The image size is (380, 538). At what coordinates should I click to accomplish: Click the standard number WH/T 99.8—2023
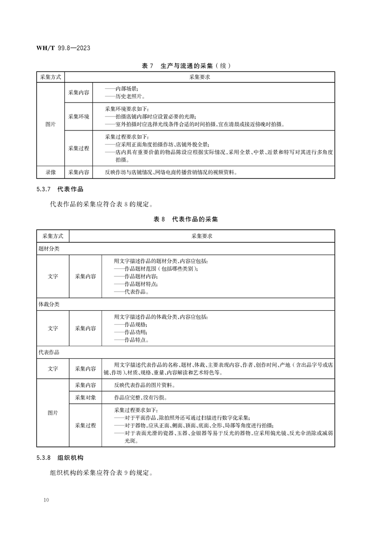64,48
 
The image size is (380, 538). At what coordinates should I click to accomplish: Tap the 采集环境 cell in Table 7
79,116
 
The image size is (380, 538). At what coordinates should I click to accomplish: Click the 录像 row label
50,172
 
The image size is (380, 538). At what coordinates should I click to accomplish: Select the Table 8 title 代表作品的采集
185,219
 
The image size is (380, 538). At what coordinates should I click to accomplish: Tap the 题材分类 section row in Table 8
49,249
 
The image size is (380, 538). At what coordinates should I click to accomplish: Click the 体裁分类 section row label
49,304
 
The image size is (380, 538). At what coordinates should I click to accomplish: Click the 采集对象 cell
85,398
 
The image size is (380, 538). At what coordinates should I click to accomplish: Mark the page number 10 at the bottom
46,500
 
